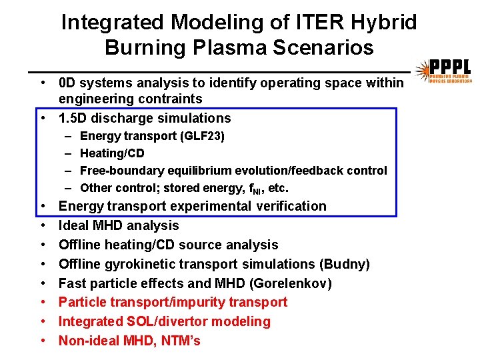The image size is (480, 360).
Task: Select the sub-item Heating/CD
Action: (112, 153)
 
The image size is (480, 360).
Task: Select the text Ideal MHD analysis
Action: (119, 225)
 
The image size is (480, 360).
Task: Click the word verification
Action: (290, 206)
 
